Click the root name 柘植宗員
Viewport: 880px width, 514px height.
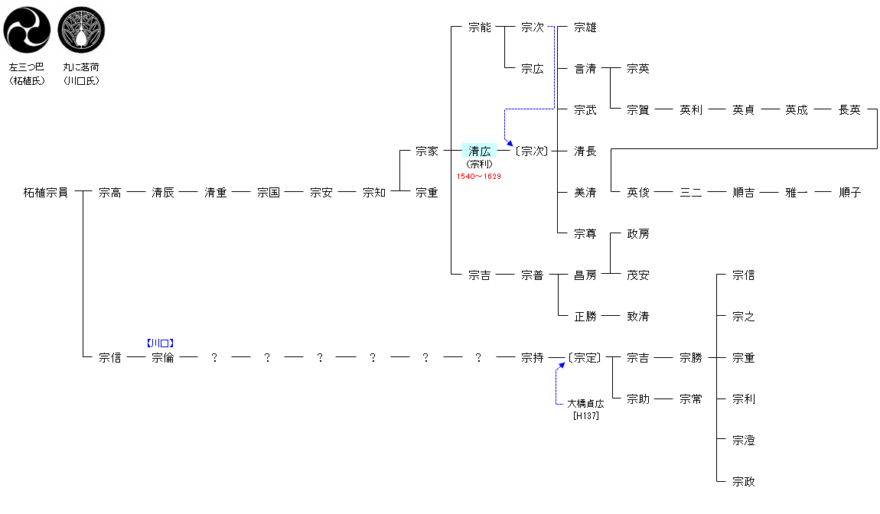(45, 193)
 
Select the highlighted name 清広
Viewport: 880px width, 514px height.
(479, 151)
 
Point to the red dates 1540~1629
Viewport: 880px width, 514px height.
(479, 176)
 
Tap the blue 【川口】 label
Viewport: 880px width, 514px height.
(161, 343)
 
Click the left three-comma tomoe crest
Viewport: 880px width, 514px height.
(27, 30)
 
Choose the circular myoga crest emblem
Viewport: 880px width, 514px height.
(81, 30)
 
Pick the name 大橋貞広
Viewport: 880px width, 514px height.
(585, 403)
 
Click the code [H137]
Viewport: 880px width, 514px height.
(586, 416)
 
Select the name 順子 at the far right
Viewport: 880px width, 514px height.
(849, 193)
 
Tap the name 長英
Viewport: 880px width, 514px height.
(849, 110)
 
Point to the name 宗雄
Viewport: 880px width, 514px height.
(585, 28)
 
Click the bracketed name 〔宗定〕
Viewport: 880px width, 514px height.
(585, 357)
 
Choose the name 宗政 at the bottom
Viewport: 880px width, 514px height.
(744, 481)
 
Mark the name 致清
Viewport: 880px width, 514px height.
(637, 317)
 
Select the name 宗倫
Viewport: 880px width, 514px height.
(163, 357)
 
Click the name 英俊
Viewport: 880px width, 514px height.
(637, 193)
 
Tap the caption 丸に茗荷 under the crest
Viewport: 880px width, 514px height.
(81, 67)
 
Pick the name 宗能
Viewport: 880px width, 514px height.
(479, 28)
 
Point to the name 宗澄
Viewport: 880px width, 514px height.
(744, 441)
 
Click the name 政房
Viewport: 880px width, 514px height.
(637, 233)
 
